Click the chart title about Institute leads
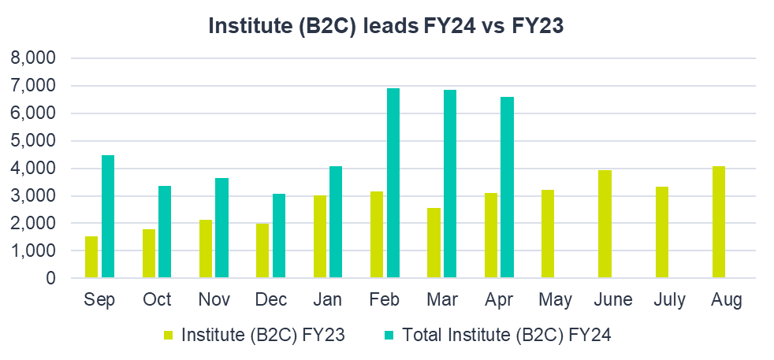[386, 26]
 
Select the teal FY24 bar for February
[393, 183]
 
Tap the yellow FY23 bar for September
[92, 257]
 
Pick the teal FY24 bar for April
[507, 187]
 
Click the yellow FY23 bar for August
[720, 222]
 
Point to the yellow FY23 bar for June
[605, 225]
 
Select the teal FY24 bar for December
[279, 236]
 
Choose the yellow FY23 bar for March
[434, 243]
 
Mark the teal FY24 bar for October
[165, 232]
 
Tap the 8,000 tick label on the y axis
[33, 58]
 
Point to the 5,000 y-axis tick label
[33, 141]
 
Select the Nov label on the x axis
[214, 300]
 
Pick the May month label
[556, 300]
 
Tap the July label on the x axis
[671, 300]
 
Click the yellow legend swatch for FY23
[167, 336]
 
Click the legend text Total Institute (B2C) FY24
[507, 335]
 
